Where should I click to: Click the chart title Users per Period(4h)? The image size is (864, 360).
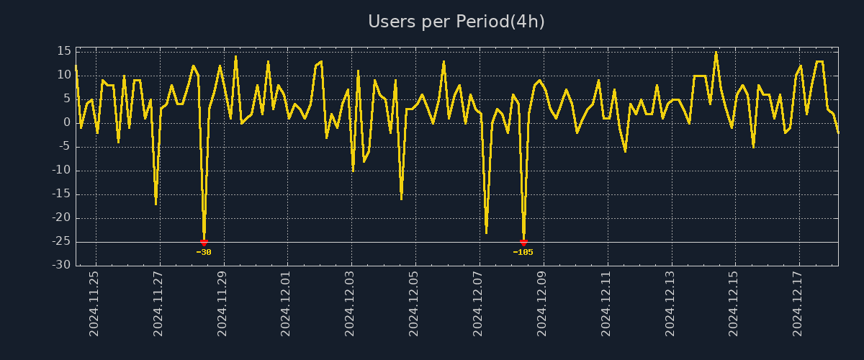tap(456, 22)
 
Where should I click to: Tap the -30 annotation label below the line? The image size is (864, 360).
tap(204, 253)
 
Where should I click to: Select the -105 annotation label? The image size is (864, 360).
tap(523, 253)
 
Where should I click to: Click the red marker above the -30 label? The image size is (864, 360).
tap(204, 243)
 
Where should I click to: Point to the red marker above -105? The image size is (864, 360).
tap(523, 243)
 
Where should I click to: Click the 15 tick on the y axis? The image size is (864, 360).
tap(63, 51)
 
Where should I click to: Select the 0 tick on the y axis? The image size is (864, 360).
tap(67, 122)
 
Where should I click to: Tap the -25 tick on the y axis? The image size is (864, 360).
tap(61, 242)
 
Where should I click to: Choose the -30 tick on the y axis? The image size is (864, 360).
tap(61, 266)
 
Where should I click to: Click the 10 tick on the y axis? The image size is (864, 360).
tap(63, 75)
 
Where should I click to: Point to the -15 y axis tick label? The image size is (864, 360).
tap(61, 194)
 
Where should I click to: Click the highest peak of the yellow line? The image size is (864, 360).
tap(716, 52)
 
